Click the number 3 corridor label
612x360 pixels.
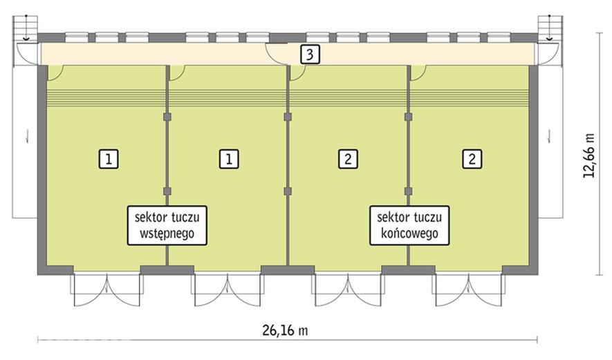[310, 54]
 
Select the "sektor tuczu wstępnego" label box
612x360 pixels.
[167, 225]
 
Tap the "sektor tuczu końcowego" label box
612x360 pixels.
[409, 225]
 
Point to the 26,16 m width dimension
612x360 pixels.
[285, 330]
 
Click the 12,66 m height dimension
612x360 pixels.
[589, 155]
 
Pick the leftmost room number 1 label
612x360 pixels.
[109, 159]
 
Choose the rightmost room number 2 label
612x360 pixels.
[472, 159]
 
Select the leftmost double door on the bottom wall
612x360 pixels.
[107, 290]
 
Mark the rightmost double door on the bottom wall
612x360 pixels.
[468, 290]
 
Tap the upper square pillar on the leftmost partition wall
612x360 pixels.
[167, 117]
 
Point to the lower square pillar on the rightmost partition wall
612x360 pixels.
[408, 191]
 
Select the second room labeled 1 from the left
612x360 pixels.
[229, 159]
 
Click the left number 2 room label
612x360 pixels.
[348, 159]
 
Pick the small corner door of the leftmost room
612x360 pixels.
[55, 73]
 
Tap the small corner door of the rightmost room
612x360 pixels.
[418, 73]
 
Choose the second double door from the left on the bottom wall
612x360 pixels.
[228, 290]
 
